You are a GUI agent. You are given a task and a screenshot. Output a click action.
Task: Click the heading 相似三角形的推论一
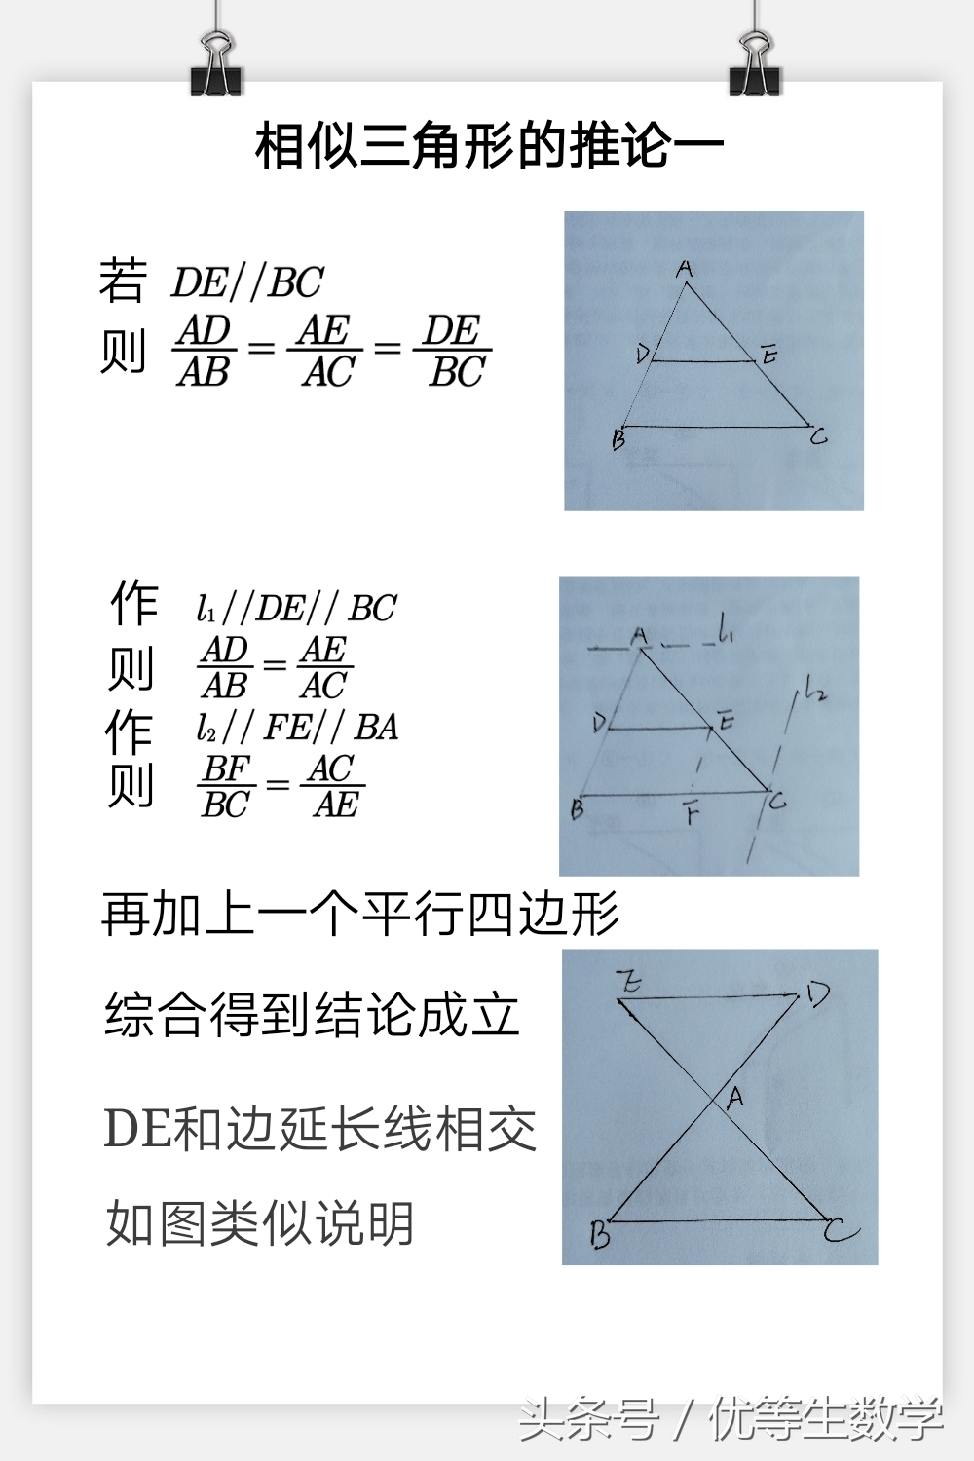(x=489, y=147)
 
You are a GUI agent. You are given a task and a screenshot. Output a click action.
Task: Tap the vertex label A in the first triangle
(x=685, y=268)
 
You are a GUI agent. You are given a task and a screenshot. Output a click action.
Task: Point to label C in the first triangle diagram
(x=819, y=437)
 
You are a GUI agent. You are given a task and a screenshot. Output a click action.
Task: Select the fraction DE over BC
(x=455, y=351)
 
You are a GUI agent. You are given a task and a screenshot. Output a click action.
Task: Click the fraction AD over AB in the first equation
(x=205, y=351)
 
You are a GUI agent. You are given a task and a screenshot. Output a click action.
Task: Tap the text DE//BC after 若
(x=247, y=283)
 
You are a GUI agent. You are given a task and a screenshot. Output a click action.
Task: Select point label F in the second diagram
(x=692, y=812)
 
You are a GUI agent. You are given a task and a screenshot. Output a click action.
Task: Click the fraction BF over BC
(x=226, y=786)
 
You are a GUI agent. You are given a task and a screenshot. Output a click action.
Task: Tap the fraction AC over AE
(x=335, y=786)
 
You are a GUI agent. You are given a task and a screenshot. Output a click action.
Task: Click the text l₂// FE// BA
(x=297, y=728)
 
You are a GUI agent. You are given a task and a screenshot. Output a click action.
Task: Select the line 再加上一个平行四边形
(x=360, y=915)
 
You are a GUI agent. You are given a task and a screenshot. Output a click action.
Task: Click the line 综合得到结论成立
(x=312, y=1015)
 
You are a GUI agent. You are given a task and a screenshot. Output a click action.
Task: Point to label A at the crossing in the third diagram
(x=735, y=1097)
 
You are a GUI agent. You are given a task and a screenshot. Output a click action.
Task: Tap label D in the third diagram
(x=816, y=994)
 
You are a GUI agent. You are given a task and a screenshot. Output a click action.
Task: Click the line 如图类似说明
(x=260, y=1223)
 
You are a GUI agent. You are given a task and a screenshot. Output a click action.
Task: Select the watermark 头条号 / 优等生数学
(x=730, y=1418)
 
